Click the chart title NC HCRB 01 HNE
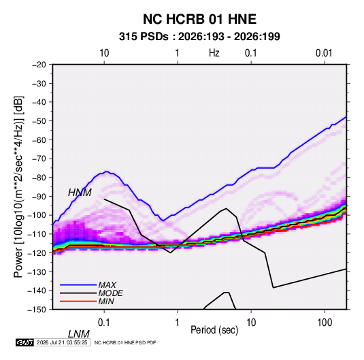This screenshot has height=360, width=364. click(199, 19)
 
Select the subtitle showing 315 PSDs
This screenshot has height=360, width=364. click(199, 37)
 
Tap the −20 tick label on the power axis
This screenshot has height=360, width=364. click(39, 65)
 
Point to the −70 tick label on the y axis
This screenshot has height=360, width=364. click(39, 159)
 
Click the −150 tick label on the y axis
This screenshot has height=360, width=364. click(37, 310)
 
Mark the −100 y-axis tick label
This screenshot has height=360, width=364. click(37, 215)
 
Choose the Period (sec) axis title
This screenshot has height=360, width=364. click(214, 330)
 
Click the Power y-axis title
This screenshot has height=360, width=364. click(18, 187)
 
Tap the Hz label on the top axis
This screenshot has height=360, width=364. click(214, 53)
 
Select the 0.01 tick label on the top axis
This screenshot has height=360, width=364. click(324, 53)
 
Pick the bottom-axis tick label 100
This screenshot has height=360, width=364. click(325, 323)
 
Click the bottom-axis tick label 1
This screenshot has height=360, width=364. click(177, 323)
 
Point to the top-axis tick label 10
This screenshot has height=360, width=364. click(104, 53)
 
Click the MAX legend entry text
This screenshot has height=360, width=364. click(107, 285)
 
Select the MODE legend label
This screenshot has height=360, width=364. click(110, 293)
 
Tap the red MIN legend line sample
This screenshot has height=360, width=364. click(78, 301)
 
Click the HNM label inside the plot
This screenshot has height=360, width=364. click(80, 193)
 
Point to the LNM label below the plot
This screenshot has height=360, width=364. click(79, 334)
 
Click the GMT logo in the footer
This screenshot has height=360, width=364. click(24, 342)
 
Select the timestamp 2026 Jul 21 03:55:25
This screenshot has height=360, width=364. click(62, 342)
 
